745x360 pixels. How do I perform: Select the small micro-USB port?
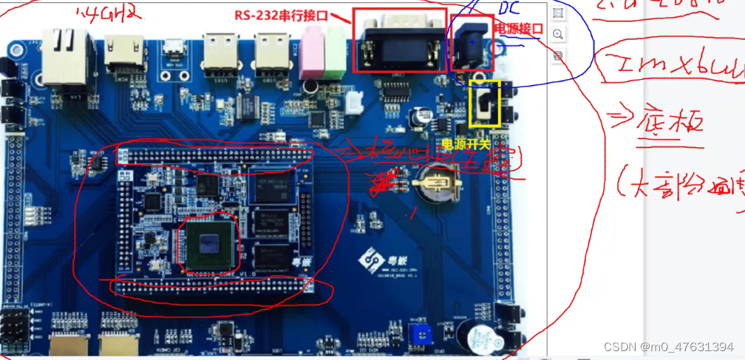[x=174, y=50]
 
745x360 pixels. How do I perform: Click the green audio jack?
[x=334, y=52]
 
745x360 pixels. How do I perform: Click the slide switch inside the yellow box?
[x=485, y=105]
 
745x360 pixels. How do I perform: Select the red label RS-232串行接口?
[x=281, y=16]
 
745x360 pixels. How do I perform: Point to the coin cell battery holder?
[x=438, y=184]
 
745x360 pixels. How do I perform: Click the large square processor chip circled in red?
[x=208, y=241]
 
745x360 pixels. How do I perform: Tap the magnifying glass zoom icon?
[x=558, y=34]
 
